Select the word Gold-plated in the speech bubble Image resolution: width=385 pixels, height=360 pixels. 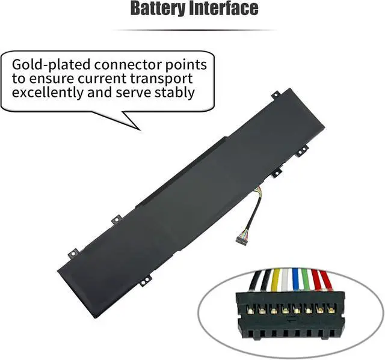pos(49,64)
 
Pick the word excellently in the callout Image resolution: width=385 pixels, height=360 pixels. pos(49,93)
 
